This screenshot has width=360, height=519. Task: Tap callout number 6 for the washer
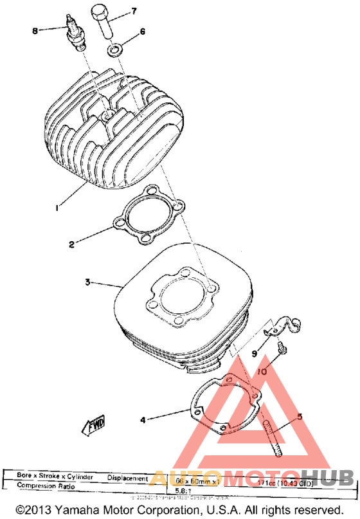tap(143, 31)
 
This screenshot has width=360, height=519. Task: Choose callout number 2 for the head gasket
tap(73, 244)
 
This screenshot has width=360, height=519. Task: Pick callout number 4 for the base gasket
tap(143, 420)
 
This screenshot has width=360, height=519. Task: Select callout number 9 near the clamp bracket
tap(255, 353)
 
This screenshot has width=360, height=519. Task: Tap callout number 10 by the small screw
tap(263, 372)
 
